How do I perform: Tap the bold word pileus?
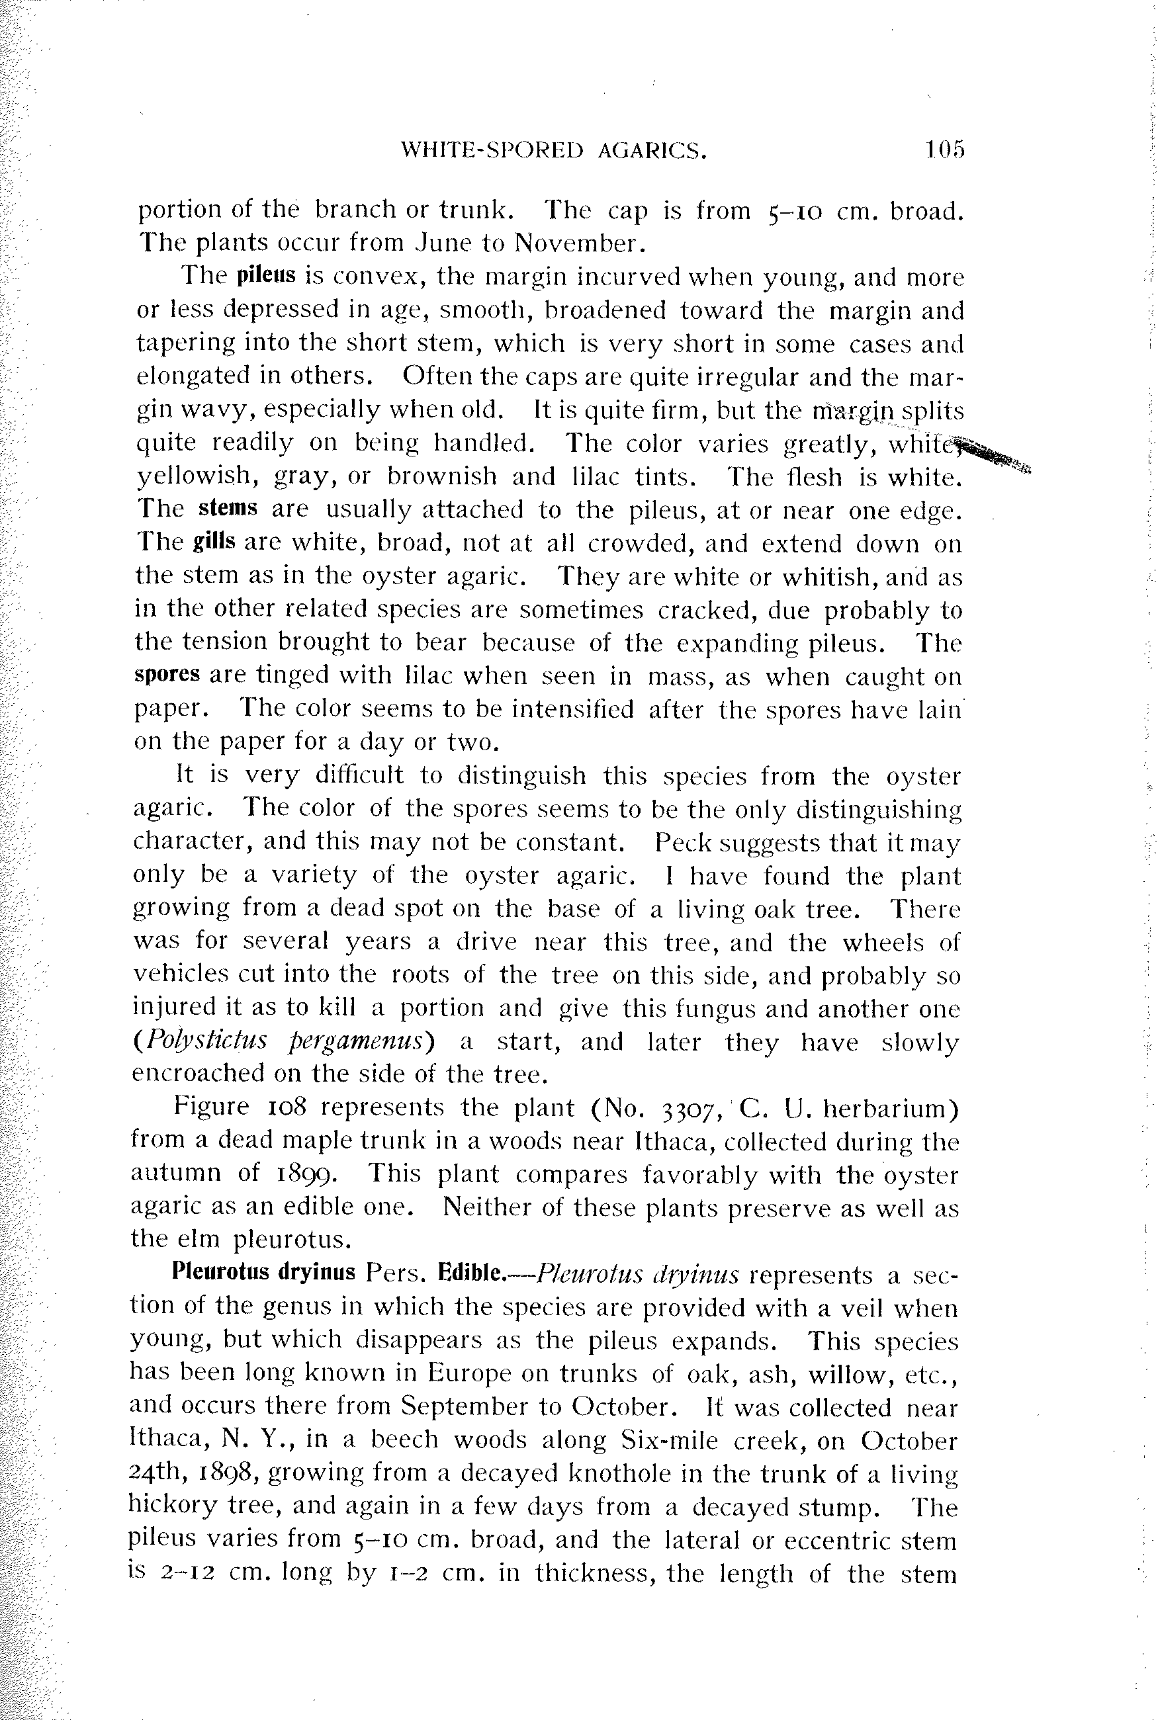(266, 276)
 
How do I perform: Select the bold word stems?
(228, 509)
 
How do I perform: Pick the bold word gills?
(214, 542)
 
